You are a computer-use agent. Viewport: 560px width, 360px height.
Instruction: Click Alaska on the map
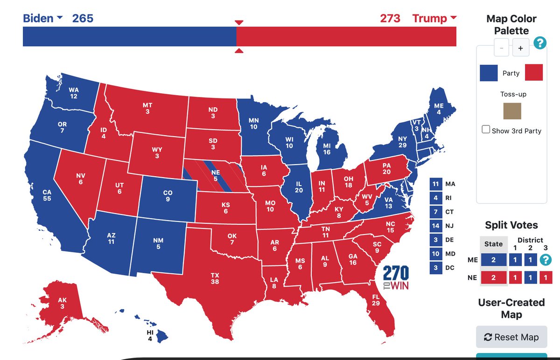pos(62,304)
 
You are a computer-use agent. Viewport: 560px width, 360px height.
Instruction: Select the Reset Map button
pos(511,337)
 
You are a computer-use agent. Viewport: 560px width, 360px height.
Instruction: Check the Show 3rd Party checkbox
pos(486,130)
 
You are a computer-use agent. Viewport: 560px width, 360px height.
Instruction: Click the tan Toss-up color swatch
pos(511,111)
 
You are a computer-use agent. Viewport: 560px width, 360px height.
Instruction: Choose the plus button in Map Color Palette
pos(520,48)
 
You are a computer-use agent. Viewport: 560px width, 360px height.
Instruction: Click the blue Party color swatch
pos(488,73)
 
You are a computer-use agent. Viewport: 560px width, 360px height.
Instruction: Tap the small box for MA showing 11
pos(435,184)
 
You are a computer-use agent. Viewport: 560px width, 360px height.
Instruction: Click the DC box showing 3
pos(435,268)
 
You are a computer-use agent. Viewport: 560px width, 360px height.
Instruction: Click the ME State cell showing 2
pos(493,260)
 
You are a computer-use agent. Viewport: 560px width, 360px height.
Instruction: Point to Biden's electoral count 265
pos(82,18)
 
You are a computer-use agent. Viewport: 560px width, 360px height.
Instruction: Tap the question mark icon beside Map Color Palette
pos(539,43)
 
